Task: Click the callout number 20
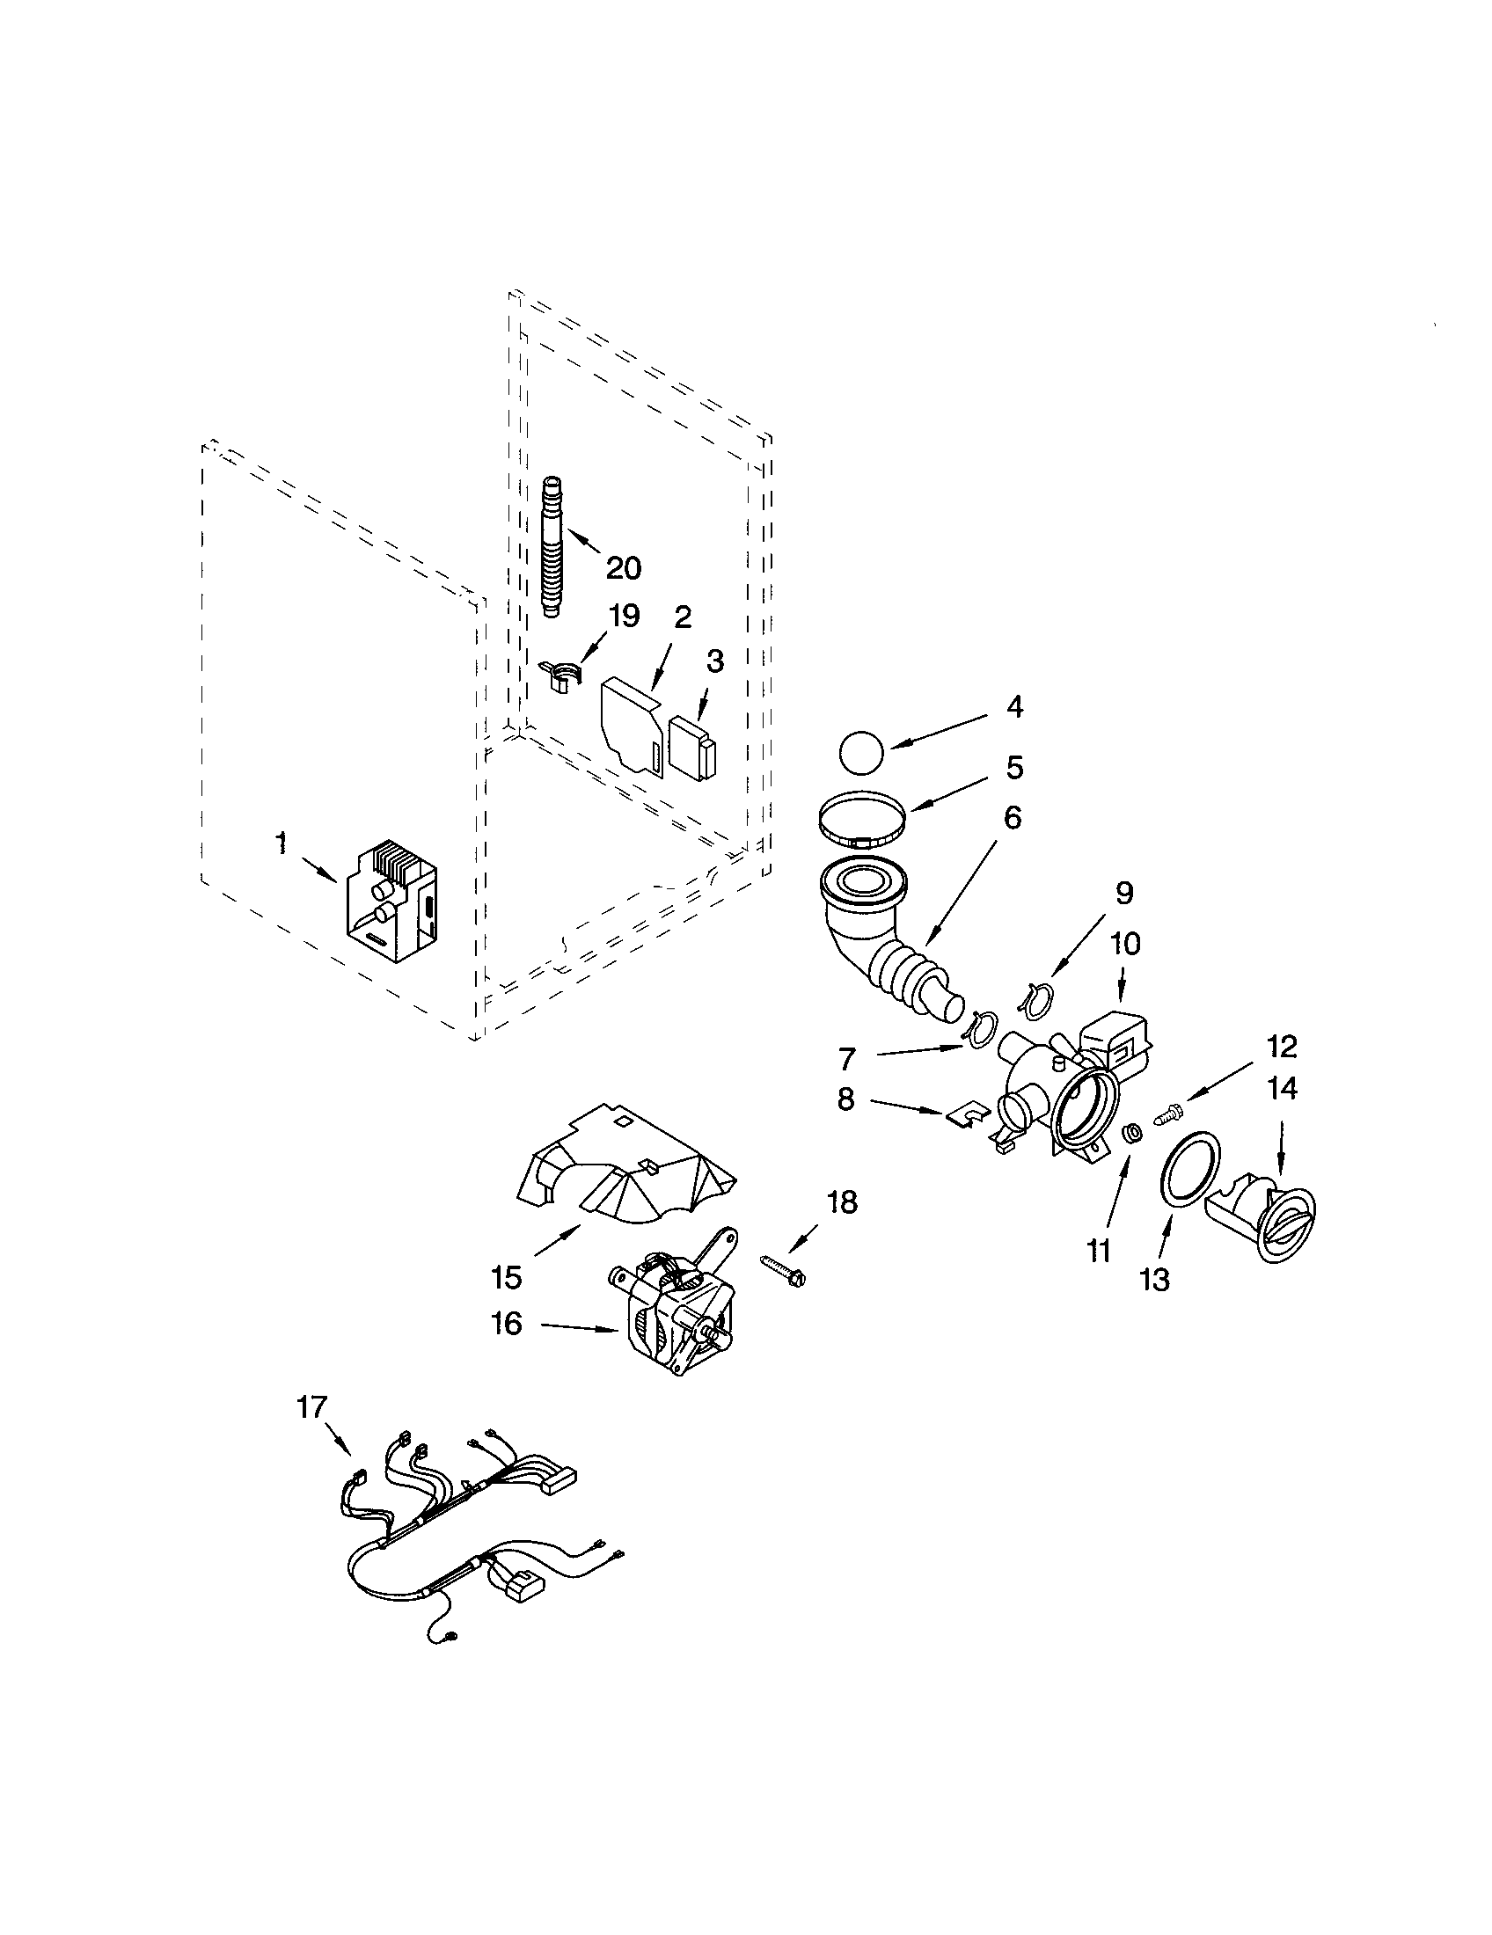pos(623,568)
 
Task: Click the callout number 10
pos(1124,944)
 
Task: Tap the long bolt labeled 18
pos(783,1269)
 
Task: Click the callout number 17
pos(312,1406)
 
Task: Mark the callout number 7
pos(847,1058)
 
